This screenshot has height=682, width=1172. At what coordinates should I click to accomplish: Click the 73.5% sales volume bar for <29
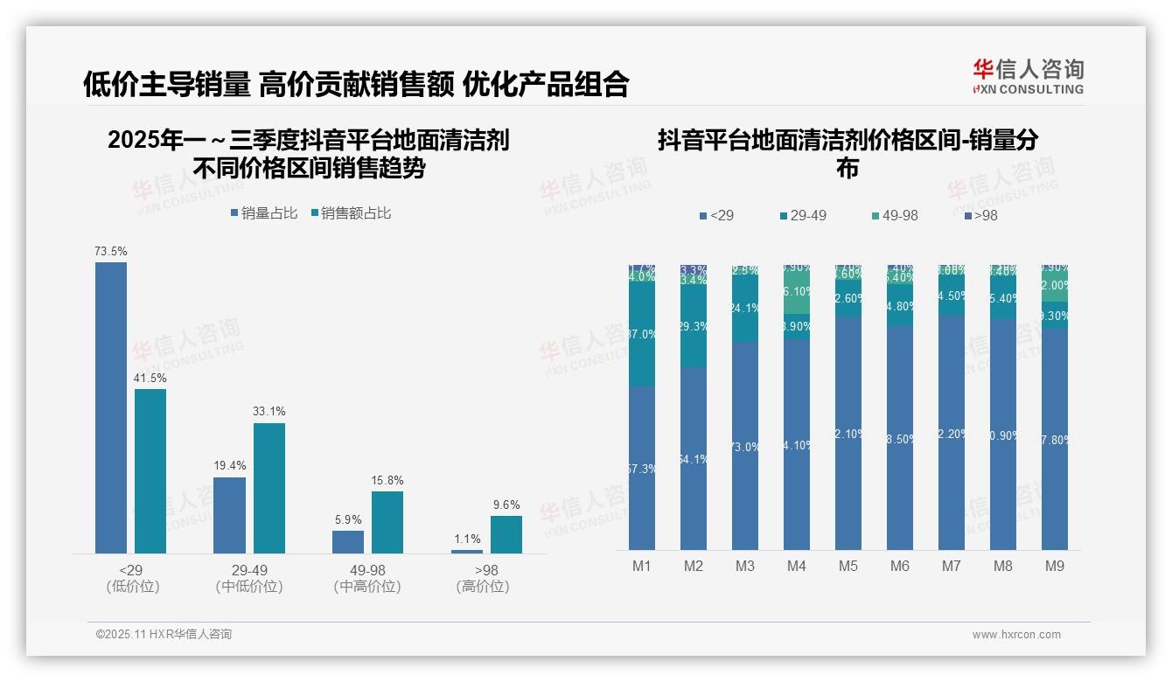[111, 407]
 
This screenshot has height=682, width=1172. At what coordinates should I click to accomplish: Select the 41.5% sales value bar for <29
[150, 471]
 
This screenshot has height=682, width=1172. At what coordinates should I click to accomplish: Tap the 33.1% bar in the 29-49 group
[269, 488]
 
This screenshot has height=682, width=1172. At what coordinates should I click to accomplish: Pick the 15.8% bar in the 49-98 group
[387, 522]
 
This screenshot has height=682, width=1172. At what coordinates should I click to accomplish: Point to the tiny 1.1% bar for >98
[467, 551]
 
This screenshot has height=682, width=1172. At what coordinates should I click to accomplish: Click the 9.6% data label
[506, 505]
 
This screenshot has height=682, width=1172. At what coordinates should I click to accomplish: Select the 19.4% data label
[230, 466]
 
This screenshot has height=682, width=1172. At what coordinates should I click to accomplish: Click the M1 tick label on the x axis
[642, 567]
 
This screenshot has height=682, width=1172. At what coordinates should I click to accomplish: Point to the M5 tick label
[848, 567]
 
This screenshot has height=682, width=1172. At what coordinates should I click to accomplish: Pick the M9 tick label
[1055, 567]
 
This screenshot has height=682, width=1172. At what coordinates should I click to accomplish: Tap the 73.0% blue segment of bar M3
[745, 446]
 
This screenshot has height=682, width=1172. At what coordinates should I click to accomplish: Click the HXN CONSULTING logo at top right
[1028, 75]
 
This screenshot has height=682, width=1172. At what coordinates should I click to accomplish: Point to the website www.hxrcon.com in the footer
[1016, 635]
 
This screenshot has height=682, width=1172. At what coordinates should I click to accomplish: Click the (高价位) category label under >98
[483, 587]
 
